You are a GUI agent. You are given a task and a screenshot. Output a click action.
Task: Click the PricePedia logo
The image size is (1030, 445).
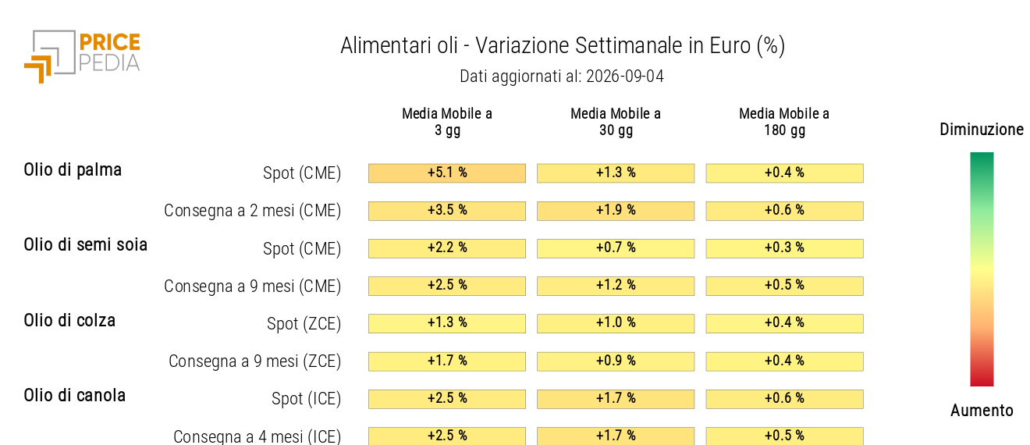82,57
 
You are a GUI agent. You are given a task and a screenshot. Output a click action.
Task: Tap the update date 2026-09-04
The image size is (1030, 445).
625,76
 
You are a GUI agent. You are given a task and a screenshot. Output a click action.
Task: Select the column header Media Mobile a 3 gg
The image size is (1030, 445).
447,122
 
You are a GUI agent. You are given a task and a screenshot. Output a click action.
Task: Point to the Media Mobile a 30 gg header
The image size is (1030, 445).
616,122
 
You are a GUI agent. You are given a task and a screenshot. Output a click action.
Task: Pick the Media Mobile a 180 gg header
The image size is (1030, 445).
784,122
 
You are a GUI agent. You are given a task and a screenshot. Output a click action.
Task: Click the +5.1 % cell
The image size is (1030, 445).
447,173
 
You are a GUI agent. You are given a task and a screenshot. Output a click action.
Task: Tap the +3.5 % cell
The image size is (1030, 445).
447,211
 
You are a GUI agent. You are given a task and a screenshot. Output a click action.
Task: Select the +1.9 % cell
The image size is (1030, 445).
616,211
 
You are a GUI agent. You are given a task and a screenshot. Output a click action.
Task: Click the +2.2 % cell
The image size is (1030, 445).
447,248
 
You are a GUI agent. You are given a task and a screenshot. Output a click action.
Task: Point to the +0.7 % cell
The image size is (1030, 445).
616,248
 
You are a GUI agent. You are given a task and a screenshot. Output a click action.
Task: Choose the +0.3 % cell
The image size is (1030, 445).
784,248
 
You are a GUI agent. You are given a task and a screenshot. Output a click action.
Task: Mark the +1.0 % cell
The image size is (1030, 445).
616,323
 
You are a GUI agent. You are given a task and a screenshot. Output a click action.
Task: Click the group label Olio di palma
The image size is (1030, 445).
73,170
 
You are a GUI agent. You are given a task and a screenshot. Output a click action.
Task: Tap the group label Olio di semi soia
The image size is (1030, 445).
86,245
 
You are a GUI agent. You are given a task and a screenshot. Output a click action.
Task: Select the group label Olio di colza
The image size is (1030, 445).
69,320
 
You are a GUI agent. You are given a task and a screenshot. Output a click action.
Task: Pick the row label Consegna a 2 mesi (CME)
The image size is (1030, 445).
253,211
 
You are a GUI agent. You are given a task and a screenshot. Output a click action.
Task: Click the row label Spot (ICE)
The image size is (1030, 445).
306,398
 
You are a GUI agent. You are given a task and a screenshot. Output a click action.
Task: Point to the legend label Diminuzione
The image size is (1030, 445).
982,130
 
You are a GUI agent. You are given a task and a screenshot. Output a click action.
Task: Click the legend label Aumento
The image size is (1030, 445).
982,410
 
